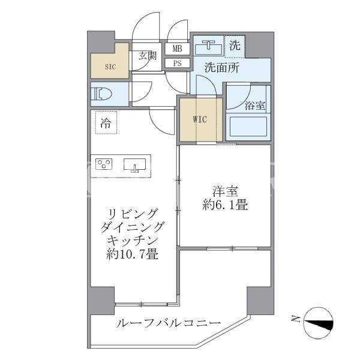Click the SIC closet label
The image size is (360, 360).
[110, 67]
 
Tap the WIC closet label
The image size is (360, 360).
[200, 119]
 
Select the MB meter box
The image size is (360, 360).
[177, 49]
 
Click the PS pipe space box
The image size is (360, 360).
[177, 63]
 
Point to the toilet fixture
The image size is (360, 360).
[101, 94]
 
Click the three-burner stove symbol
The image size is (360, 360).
[104, 164]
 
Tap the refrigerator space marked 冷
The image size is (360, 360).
[106, 122]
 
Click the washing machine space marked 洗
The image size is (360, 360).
[235, 46]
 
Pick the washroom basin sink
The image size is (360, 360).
[208, 47]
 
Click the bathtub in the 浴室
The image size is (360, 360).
[248, 127]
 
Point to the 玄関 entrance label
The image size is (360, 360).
[148, 56]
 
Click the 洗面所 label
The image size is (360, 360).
[222, 68]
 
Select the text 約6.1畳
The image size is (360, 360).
[225, 205]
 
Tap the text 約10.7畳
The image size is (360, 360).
[132, 254]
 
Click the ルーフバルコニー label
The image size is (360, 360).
[169, 323]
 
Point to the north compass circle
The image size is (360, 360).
[318, 323]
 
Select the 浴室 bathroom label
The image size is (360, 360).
[255, 106]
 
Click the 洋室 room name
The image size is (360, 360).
[225, 191]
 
